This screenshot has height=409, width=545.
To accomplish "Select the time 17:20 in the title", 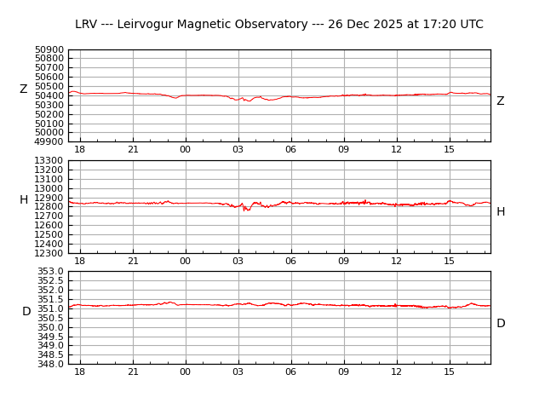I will (433, 25).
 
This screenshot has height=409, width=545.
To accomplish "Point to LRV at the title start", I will (86, 25).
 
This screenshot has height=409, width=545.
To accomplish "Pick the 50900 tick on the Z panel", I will (49, 49).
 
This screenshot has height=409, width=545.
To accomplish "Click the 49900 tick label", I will (49, 141).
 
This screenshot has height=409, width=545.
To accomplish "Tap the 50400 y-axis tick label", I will (49, 95).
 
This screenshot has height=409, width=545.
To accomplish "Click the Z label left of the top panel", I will (24, 89).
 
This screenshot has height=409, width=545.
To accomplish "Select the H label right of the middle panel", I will (501, 212).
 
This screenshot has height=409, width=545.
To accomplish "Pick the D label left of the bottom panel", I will (26, 312).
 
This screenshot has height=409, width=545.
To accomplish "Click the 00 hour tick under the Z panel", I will (185, 150).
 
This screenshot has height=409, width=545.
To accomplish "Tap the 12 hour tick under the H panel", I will (396, 261).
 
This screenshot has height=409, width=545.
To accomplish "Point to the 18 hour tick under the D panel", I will (79, 372).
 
